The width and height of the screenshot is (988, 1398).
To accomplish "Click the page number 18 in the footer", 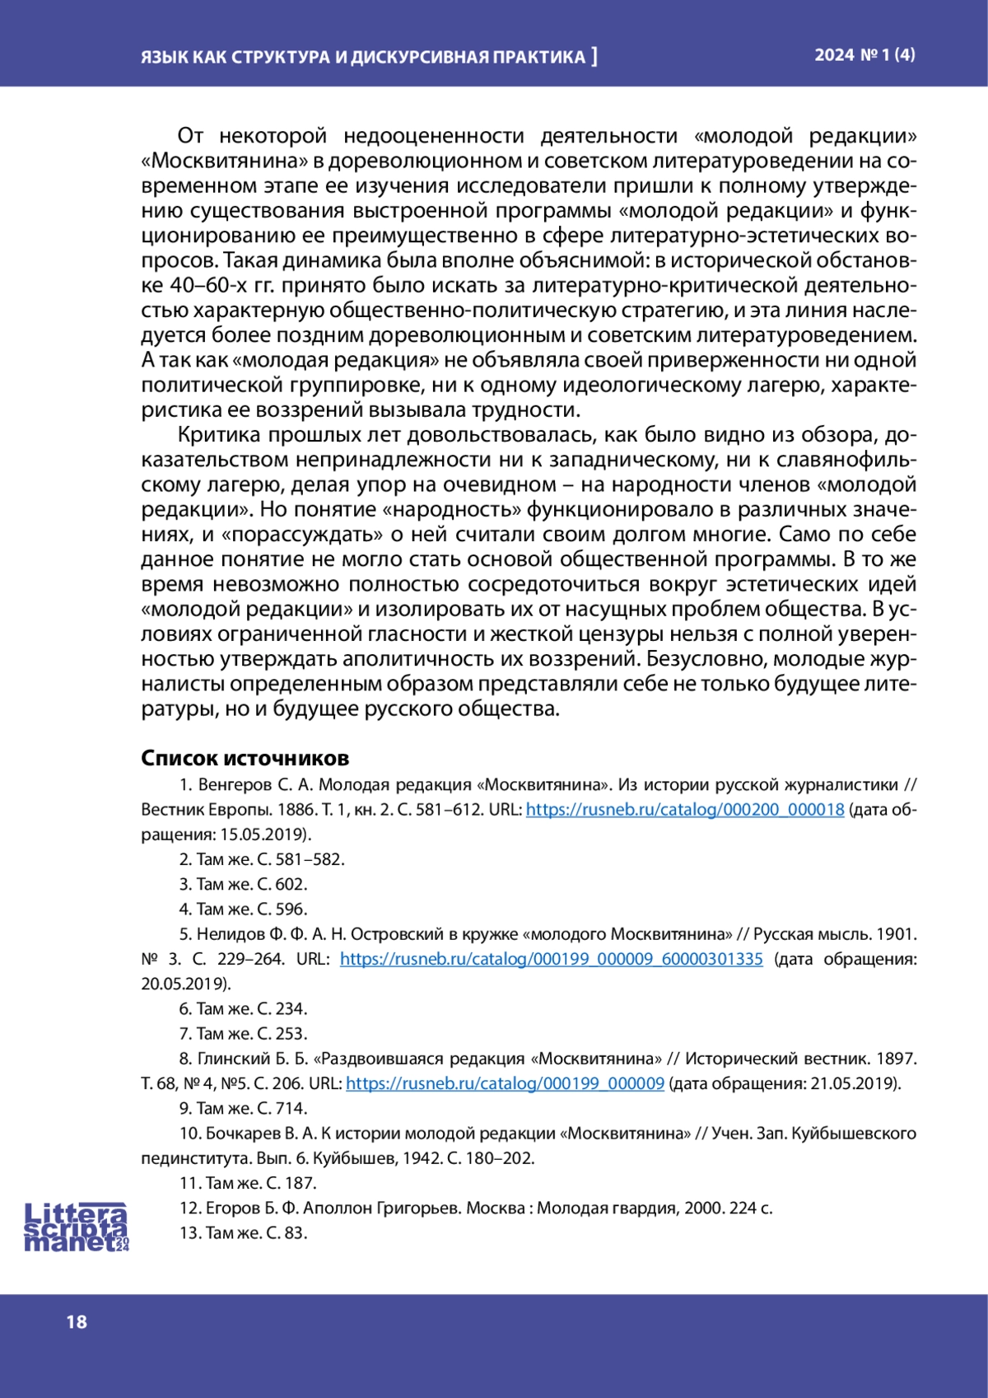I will coord(77,1321).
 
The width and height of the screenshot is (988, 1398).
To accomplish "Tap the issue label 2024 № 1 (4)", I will coord(864,55).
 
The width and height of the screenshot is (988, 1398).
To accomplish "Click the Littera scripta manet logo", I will coord(76,1227).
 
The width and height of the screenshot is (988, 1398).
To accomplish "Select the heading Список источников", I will coord(245,758).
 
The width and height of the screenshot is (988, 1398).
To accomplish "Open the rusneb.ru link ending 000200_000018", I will coord(684,810).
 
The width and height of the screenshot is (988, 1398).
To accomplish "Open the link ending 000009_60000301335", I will coord(551,959).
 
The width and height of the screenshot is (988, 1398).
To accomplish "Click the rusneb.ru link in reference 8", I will coord(505,1083).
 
